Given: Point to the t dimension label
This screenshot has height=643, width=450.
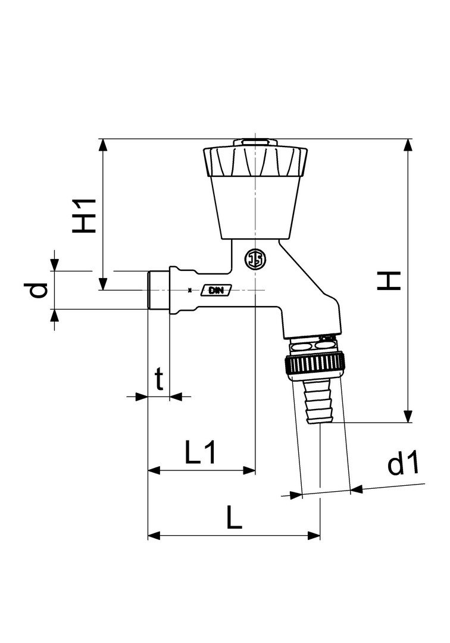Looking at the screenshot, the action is pos(159,379).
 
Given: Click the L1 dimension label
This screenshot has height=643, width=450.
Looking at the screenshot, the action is pos(200,452).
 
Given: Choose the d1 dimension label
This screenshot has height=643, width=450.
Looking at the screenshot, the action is pos(404,463).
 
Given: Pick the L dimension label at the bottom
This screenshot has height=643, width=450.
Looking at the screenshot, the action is pos(234,517).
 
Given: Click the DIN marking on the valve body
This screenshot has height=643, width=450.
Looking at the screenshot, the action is pos(216,291).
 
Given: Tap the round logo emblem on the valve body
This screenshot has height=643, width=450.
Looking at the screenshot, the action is pos(255,260).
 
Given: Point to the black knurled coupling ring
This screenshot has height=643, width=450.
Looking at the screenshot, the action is pos(314,364).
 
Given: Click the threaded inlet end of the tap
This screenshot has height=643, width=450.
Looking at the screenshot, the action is pos(158,291).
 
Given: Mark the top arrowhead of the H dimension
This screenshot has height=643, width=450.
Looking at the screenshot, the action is pos(407,145).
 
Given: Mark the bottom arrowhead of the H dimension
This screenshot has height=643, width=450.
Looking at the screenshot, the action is pos(407,416).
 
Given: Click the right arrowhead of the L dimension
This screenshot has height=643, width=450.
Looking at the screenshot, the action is pos(314,535).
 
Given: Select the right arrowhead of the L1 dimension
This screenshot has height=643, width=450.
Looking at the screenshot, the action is pos(249,470).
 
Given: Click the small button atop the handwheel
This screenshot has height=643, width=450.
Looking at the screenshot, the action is pos(255,142).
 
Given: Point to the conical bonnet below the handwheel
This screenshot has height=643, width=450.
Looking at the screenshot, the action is pos(255,208).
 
